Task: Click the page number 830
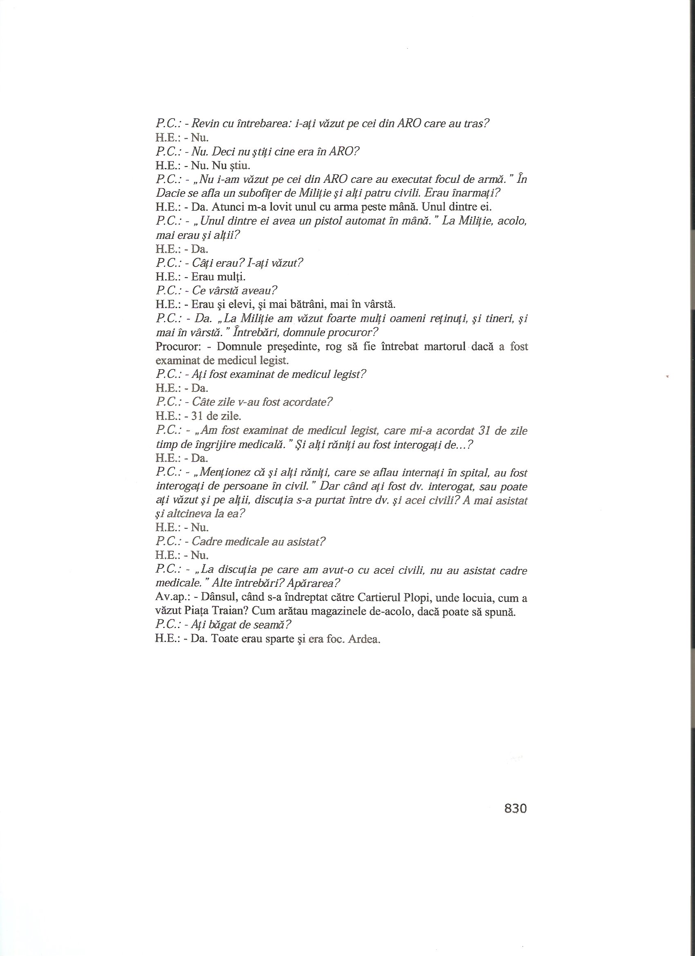515,808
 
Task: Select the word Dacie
169,193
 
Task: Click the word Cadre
206,542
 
